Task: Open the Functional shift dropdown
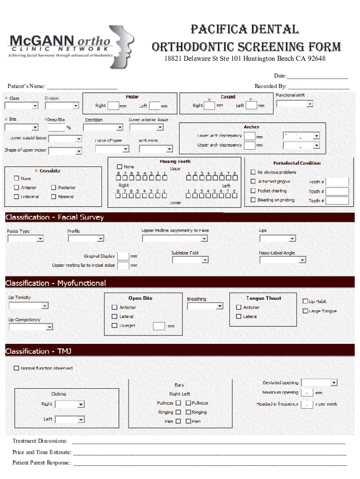pyautogui.click(x=295, y=104)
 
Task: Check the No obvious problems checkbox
pyautogui.click(x=253, y=172)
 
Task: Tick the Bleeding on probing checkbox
pyautogui.click(x=253, y=200)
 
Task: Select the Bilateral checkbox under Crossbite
pyautogui.click(x=54, y=197)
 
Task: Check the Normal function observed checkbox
pyautogui.click(x=16, y=368)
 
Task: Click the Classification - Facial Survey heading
pyautogui.click(x=55, y=218)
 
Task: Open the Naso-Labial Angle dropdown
pyautogui.click(x=283, y=260)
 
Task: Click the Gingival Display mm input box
pyautogui.click(x=123, y=256)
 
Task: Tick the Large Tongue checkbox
pyautogui.click(x=305, y=311)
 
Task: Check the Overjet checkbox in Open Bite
pyautogui.click(x=115, y=326)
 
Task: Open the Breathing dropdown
pyautogui.click(x=205, y=306)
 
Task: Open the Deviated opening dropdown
pyautogui.click(x=319, y=383)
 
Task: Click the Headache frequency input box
pyautogui.click(x=307, y=404)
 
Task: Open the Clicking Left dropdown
pyautogui.click(x=70, y=420)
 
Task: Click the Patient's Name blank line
pyautogui.click(x=81, y=87)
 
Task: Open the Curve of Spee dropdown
pyautogui.click(x=112, y=149)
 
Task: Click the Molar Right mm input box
pyautogui.click(x=113, y=106)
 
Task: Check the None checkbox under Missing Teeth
pyautogui.click(x=120, y=167)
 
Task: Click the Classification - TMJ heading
pyautogui.click(x=38, y=351)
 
